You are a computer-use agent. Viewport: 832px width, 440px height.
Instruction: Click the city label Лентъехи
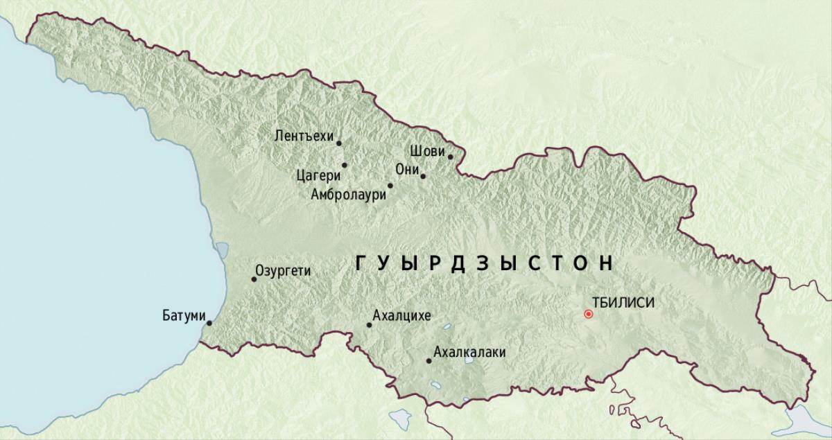304,136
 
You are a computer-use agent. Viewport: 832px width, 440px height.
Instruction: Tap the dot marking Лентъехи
339,143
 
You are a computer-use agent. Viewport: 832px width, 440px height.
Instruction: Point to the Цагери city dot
344,165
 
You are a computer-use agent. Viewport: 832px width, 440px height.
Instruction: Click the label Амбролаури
348,195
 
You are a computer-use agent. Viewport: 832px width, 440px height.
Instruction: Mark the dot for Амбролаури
390,186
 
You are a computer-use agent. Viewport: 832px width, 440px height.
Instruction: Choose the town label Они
406,170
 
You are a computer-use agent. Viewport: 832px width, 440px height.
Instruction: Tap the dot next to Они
423,176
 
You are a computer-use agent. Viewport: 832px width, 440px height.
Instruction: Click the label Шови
424,150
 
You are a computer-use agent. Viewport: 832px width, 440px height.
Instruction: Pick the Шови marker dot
450,157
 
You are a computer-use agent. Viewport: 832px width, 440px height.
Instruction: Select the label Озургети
283,271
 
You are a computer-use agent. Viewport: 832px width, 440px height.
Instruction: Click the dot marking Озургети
254,279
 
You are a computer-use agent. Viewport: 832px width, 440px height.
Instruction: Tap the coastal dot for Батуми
209,322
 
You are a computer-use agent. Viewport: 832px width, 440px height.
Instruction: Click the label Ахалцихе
401,316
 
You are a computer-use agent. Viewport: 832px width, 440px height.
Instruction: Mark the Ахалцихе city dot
369,325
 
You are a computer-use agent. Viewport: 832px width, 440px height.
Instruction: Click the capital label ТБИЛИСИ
624,302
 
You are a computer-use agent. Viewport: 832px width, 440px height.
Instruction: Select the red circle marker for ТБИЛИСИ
589,314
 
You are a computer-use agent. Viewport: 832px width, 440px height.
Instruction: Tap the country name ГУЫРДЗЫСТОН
485,263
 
